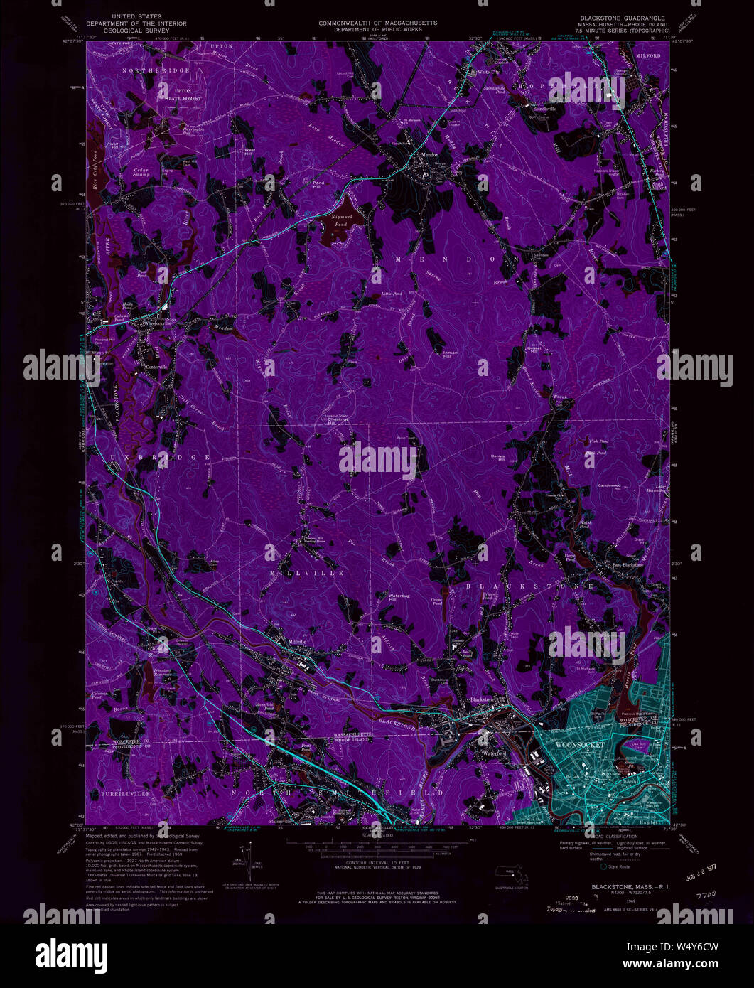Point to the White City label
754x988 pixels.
[490, 72]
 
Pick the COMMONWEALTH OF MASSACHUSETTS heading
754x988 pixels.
[377, 23]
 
